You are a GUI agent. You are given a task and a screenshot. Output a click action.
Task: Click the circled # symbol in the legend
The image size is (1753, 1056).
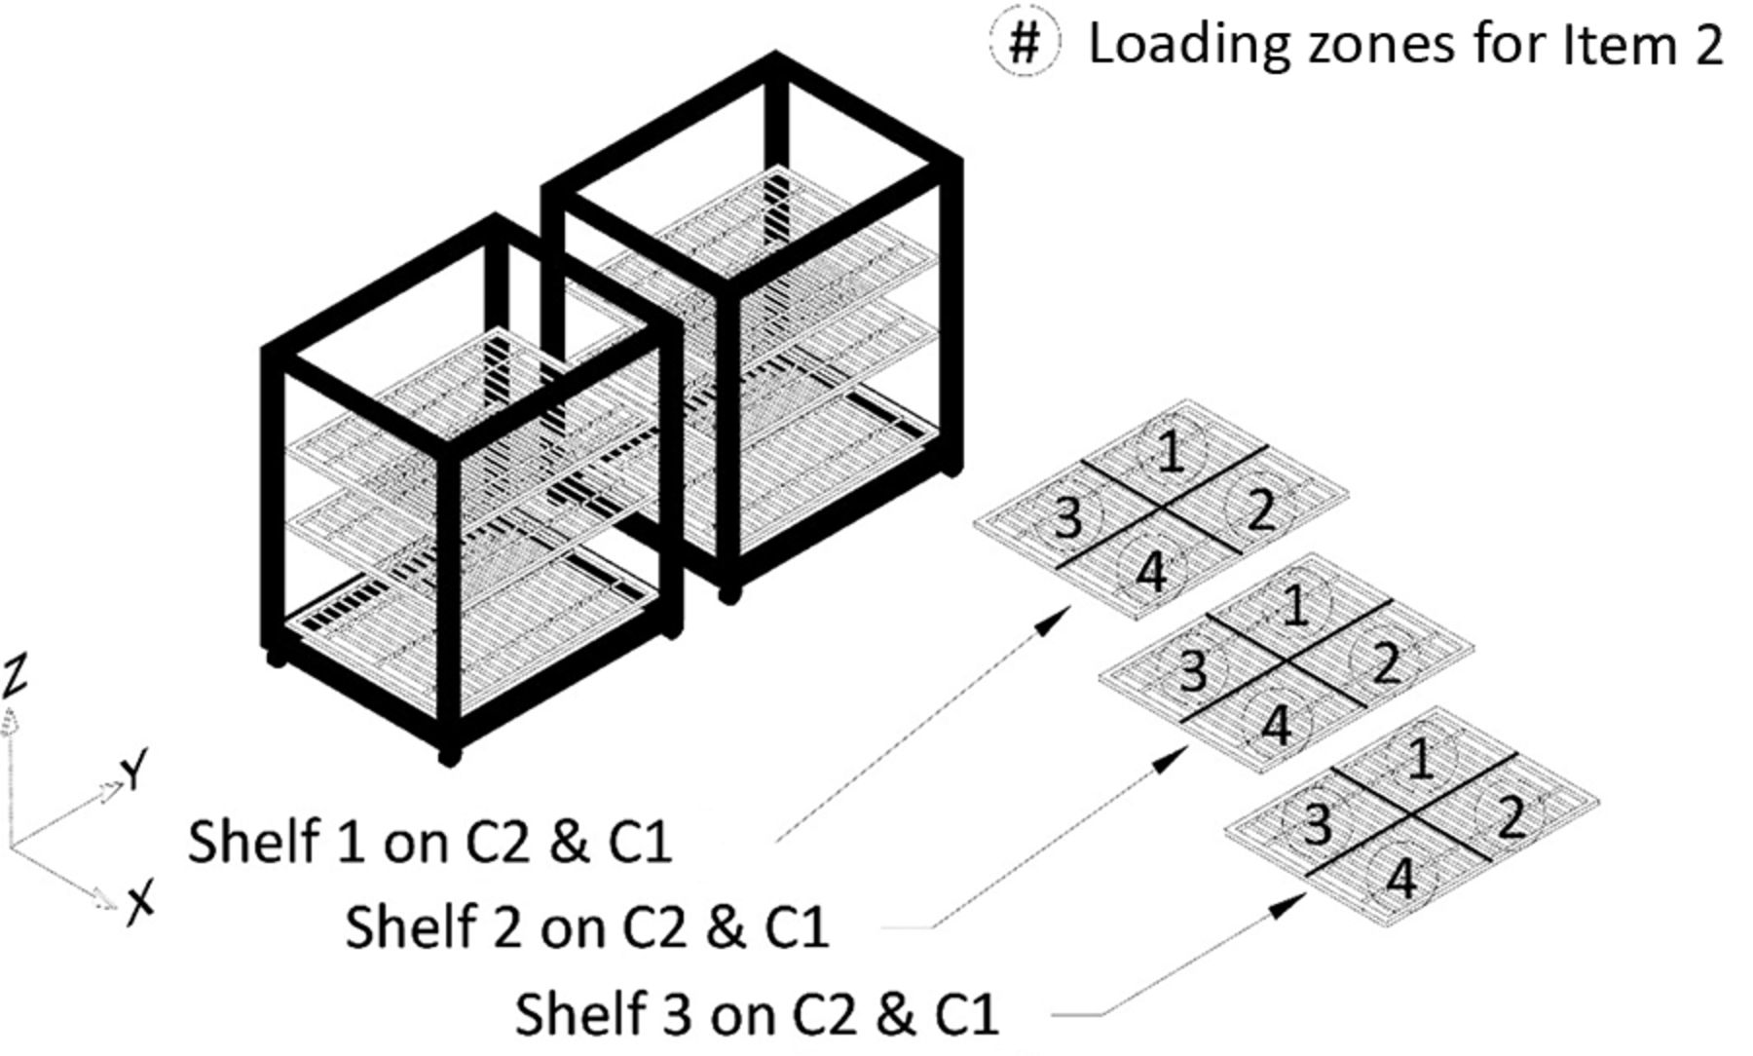coord(1024,44)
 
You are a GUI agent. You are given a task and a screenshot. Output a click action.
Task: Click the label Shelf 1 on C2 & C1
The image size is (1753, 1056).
coord(429,842)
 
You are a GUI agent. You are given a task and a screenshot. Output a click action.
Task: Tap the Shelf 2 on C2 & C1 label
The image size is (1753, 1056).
coord(586,926)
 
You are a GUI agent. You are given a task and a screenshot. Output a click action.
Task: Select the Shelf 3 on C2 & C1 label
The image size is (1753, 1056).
coord(757,1013)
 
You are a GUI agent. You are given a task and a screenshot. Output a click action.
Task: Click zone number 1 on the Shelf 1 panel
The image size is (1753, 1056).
coord(1173,452)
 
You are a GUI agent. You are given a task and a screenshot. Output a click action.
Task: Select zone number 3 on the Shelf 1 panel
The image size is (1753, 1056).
coord(1068,516)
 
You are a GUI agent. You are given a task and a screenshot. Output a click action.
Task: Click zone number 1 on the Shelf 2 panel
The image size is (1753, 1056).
coord(1295,605)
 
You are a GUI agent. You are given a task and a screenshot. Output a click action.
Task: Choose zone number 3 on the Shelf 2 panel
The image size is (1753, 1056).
coord(1192,669)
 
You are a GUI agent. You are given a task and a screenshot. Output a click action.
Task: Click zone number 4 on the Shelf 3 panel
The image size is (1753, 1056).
coord(1400,878)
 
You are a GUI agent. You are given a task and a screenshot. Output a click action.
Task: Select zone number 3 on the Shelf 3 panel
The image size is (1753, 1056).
coord(1317,823)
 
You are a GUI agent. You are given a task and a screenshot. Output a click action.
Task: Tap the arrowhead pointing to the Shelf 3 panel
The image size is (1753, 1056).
coord(1289,906)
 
